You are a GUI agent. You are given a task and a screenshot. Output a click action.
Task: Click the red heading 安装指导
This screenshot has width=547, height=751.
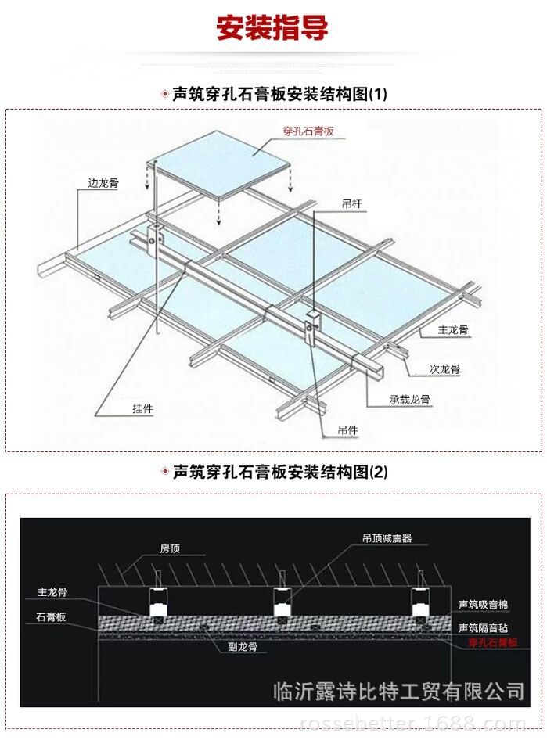(272, 28)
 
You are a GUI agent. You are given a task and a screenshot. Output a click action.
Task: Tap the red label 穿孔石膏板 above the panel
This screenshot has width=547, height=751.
(308, 131)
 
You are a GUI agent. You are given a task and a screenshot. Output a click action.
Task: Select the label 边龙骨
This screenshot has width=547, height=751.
(103, 184)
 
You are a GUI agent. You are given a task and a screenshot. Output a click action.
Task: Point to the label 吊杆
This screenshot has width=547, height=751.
(351, 203)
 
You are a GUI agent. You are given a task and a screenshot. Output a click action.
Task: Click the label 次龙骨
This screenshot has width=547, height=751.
(444, 368)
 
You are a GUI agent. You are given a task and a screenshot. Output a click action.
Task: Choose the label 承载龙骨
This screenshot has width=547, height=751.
(409, 399)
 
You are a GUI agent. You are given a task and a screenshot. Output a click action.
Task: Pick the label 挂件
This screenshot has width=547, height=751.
(142, 408)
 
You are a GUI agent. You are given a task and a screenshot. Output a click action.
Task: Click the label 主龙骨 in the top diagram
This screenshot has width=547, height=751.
(453, 331)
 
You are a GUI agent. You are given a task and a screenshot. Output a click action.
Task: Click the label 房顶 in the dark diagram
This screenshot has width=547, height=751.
(170, 549)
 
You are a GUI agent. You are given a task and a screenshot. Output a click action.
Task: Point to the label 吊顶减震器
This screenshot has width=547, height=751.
(387, 538)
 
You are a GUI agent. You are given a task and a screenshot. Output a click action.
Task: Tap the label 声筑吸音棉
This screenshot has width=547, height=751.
(483, 605)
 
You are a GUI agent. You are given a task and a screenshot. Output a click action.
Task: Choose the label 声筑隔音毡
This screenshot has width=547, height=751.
(483, 627)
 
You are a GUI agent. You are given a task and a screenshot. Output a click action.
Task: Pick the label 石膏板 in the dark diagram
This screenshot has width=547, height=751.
(51, 617)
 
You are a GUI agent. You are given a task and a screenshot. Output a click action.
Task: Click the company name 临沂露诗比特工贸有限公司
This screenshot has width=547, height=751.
(398, 691)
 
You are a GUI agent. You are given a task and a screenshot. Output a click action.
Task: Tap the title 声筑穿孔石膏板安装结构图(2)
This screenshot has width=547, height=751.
(279, 472)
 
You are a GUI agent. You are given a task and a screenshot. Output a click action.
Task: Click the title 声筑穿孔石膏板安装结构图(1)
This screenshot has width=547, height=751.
(279, 95)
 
